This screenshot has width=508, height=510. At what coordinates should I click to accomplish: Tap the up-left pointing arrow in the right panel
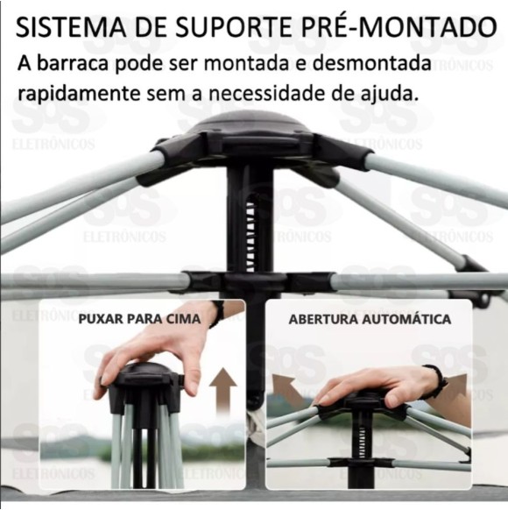pyautogui.click(x=289, y=388)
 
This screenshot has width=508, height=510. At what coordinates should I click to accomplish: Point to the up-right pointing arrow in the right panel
pyautogui.click(x=453, y=390)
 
